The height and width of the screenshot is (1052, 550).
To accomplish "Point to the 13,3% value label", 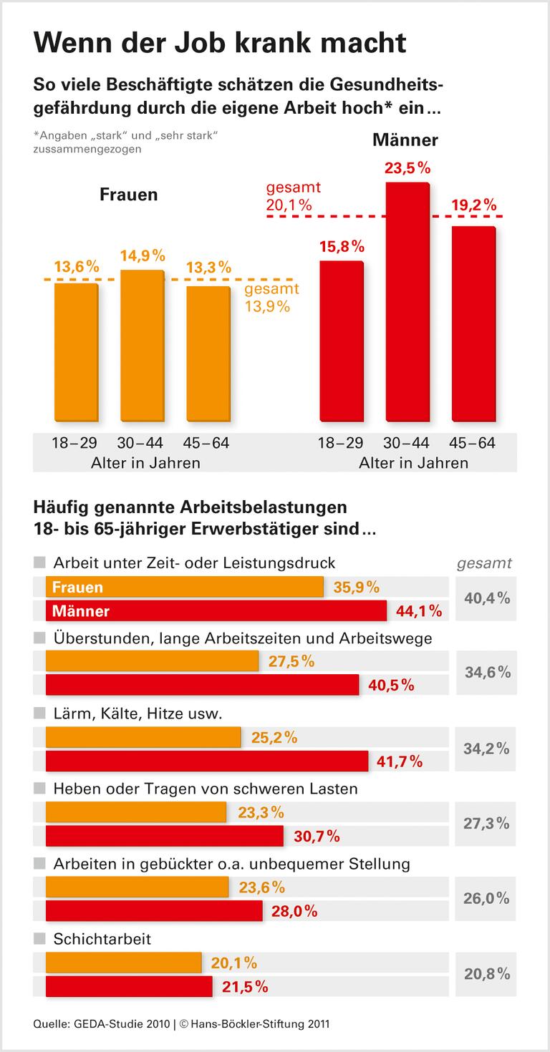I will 208,268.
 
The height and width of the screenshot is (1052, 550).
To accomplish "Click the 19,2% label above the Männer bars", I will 473,206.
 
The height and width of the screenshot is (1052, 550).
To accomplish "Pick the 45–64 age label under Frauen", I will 208,443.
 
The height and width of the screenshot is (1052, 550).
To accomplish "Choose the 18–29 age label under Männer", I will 341,443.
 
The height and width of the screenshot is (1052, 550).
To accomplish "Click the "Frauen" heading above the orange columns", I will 129,195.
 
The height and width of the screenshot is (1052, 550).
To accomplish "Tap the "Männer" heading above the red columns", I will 405,140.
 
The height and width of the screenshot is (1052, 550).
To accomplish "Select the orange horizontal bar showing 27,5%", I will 152,661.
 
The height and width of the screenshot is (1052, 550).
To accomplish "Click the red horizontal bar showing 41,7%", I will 207,761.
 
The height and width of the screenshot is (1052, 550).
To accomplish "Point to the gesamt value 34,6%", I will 487,672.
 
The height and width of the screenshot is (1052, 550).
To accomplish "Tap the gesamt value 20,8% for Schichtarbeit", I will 487,973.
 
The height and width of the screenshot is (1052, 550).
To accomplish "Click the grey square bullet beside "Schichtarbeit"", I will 39,938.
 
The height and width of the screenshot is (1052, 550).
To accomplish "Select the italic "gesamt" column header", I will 485,562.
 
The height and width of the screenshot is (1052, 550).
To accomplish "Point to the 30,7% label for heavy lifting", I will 317,836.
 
